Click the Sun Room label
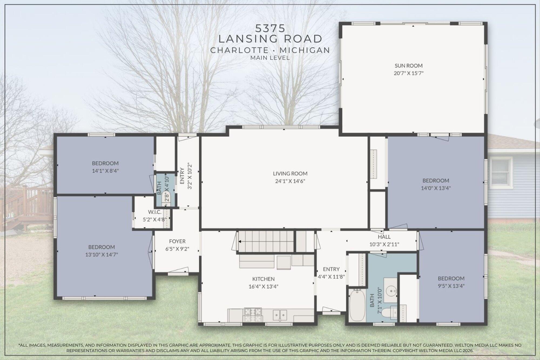(x=409, y=66)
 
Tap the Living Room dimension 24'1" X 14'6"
(x=290, y=181)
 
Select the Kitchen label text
(x=263, y=279)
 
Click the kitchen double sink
(x=280, y=315)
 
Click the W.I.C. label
(x=154, y=212)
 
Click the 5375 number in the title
(x=270, y=28)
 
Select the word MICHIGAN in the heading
(x=305, y=50)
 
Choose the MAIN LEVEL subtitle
(x=270, y=58)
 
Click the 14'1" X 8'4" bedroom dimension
(x=105, y=171)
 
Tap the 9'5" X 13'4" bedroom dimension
(x=451, y=286)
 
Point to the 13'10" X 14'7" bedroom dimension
(x=102, y=254)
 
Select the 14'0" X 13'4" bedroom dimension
(x=436, y=188)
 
